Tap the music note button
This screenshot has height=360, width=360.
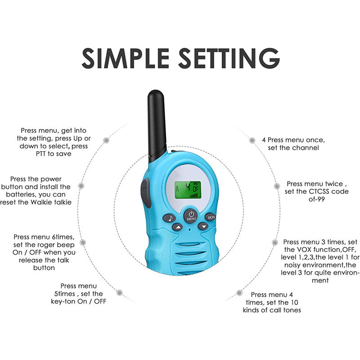click(x=169, y=218)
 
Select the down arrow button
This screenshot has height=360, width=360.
click(x=204, y=226)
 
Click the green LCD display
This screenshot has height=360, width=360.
click(x=188, y=189)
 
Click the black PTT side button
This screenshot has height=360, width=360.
click(x=145, y=193)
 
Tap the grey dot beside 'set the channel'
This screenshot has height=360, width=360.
click(x=252, y=140)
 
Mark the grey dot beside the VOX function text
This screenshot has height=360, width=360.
click(x=274, y=242)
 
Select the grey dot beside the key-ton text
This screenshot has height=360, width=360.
click(x=119, y=293)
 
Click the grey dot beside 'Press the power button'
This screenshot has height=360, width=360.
click(x=81, y=185)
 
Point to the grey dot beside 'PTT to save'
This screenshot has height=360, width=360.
click(x=106, y=140)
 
